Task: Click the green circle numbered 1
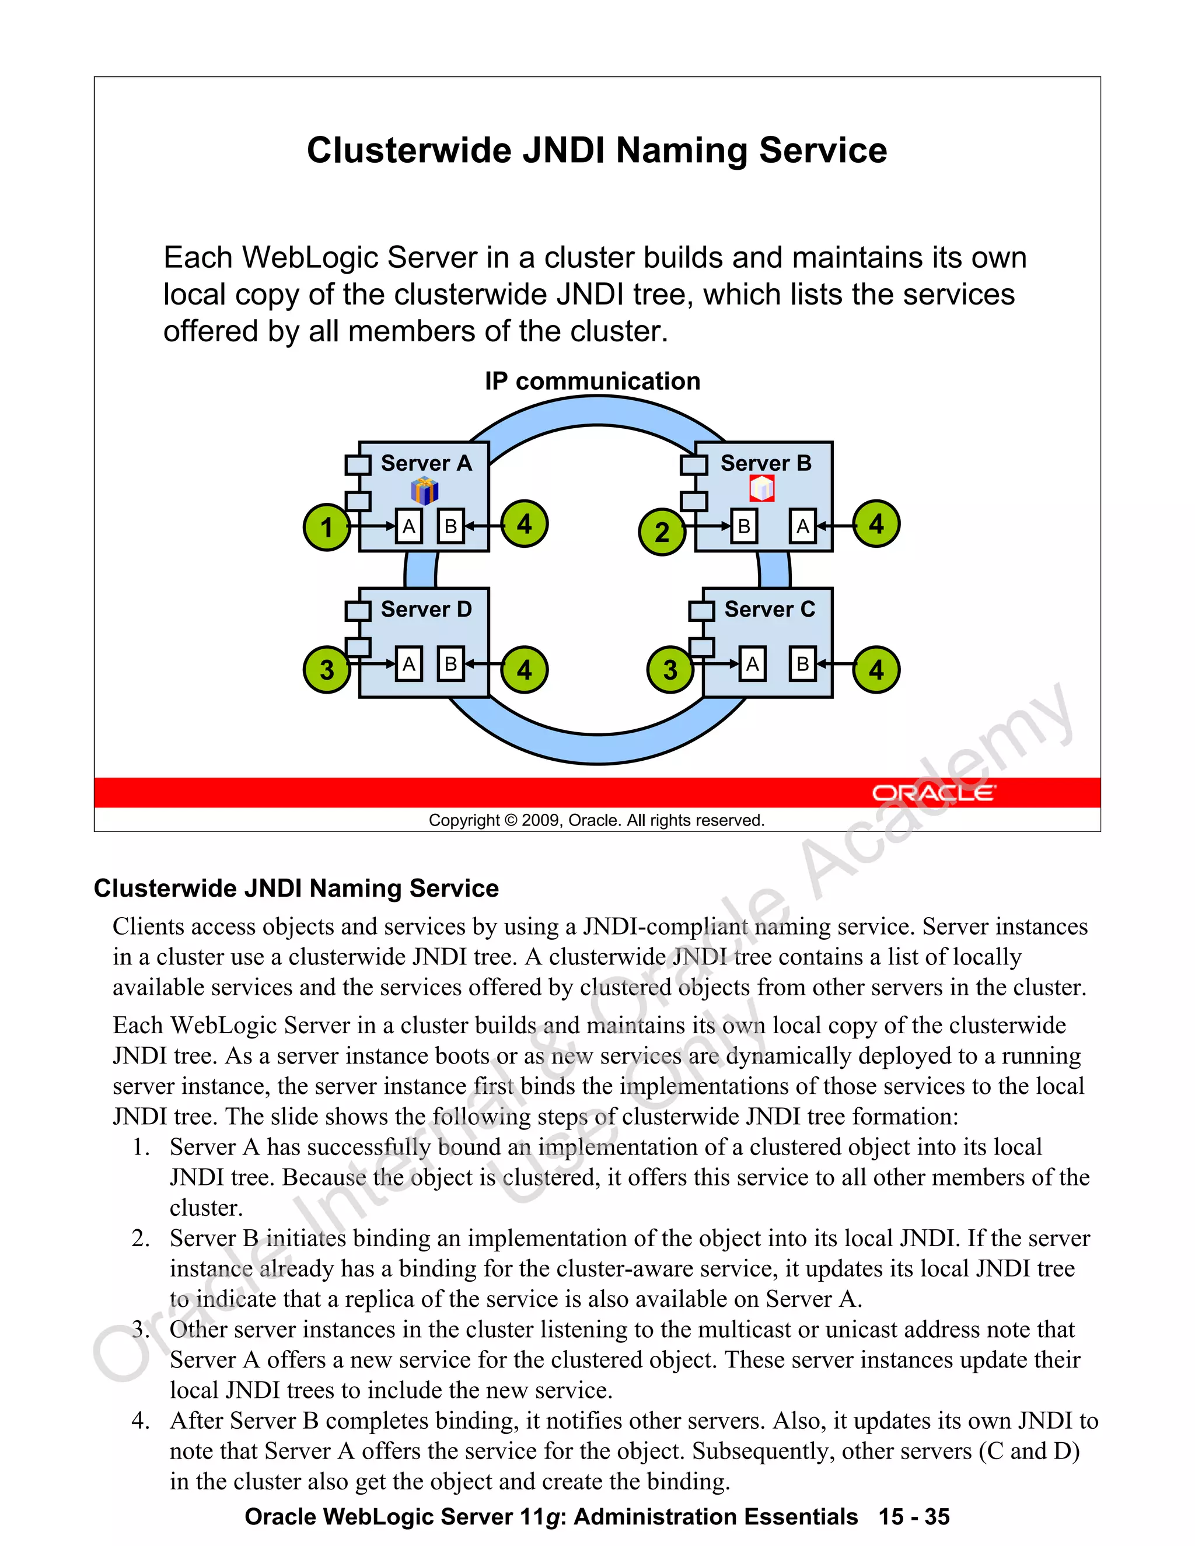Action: point(326,527)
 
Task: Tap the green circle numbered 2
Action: point(662,531)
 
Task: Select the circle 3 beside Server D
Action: point(326,669)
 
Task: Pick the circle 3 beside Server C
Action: point(670,669)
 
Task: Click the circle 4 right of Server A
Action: point(524,524)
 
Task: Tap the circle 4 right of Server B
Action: point(876,524)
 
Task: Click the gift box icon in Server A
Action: point(425,490)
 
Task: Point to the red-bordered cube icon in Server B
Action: point(761,488)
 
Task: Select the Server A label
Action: point(426,463)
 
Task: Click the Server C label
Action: point(770,608)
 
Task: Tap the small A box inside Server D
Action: point(408,664)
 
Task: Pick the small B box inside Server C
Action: point(802,664)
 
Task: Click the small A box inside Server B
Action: point(802,527)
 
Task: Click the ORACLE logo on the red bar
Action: point(933,792)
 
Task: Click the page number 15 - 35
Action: point(914,1516)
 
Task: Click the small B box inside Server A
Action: point(450,527)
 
